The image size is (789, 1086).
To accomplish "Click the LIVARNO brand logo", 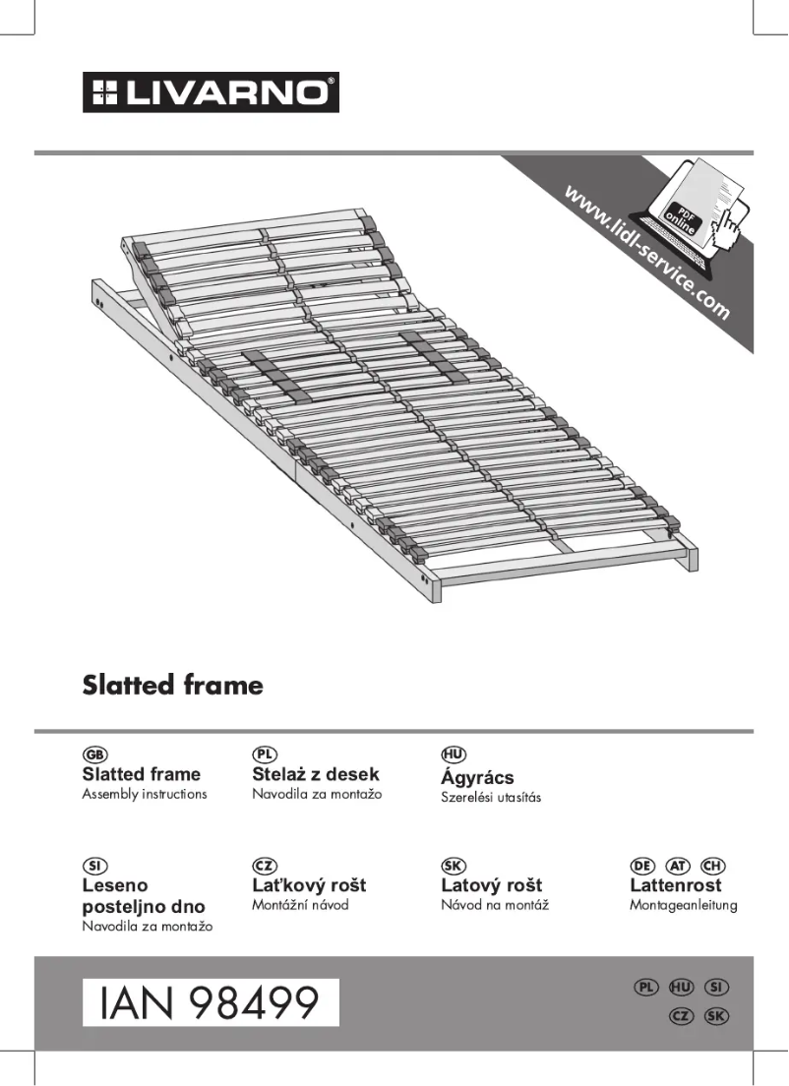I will [x=211, y=92].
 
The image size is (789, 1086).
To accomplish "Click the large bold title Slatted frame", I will [x=172, y=685].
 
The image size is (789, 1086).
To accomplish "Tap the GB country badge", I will [x=94, y=754].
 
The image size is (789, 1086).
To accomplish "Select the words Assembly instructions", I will [x=145, y=794].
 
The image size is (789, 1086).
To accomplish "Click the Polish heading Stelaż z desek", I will [x=316, y=774].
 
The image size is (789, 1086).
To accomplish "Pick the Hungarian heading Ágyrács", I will [x=477, y=777].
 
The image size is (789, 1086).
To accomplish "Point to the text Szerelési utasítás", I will [x=491, y=797].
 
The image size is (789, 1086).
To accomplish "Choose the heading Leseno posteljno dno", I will [x=144, y=896].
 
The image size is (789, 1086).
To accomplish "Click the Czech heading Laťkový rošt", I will [x=309, y=885].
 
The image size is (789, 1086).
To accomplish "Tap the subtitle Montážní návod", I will [x=300, y=905].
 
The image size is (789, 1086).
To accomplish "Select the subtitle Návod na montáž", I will [x=495, y=905].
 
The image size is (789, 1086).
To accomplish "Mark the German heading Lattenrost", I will [x=675, y=885].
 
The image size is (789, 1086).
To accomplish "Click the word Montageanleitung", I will [x=683, y=905].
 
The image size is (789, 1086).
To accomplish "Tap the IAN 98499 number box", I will [x=210, y=1002].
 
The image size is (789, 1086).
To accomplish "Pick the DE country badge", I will [x=642, y=866].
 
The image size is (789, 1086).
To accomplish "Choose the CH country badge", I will [x=712, y=866].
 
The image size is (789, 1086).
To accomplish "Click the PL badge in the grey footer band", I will [x=646, y=987].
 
